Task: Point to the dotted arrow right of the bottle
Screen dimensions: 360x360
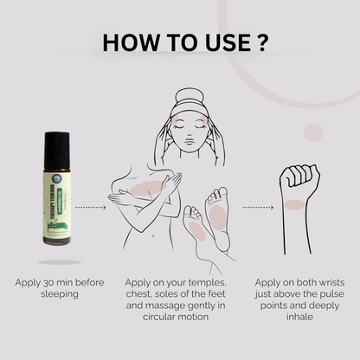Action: [x=93, y=207]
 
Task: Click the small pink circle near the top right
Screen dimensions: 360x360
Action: [x=314, y=132]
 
